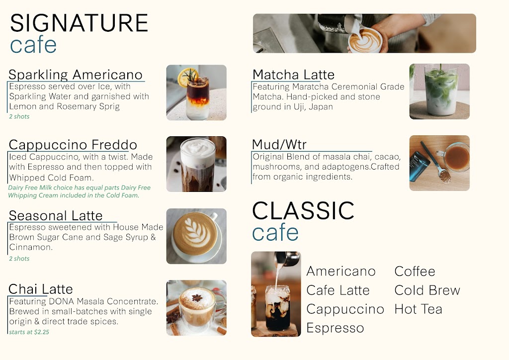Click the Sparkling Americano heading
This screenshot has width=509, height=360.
point(76,75)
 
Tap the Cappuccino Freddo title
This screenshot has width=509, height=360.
point(73,145)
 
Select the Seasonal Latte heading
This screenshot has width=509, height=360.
point(56,216)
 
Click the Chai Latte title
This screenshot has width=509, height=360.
point(41,289)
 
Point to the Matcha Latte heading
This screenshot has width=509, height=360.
point(293,75)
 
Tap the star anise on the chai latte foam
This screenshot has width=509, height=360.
point(197,298)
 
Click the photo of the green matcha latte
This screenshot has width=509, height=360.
point(439,91)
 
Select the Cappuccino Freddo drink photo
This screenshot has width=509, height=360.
point(196,164)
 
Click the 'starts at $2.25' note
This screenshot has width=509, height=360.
point(29,332)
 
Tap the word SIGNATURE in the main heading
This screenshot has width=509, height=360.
point(79,23)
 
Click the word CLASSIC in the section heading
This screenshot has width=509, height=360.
point(303,211)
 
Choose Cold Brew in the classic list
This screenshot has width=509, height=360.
point(427,290)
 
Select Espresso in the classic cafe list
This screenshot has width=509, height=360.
point(335,328)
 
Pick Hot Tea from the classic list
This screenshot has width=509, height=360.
point(418,309)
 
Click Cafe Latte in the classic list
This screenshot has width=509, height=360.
point(338,290)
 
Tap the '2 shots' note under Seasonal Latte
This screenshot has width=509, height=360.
point(19,259)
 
